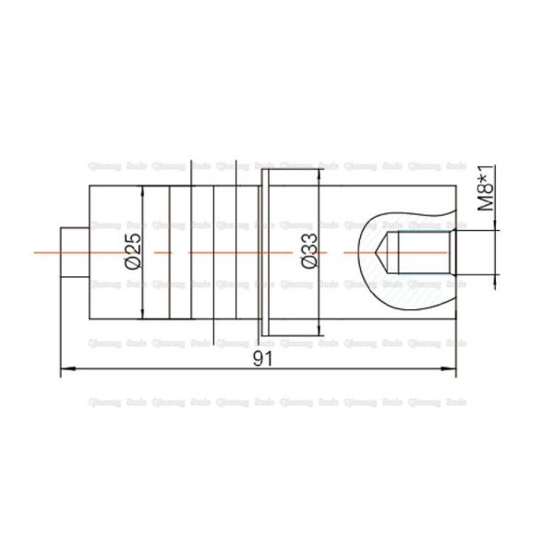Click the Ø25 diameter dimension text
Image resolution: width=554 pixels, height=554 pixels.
coord(131,250)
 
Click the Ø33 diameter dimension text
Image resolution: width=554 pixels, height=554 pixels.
coord(308,250)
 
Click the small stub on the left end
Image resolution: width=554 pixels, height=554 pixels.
coord(73,251)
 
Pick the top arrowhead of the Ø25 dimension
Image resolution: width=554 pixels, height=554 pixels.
coord(143,190)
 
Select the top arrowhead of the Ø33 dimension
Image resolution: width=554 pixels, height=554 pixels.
coord(319,174)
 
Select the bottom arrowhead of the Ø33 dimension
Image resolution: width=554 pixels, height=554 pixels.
coord(319,330)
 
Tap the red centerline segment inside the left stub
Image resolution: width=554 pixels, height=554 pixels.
coord(73,251)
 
